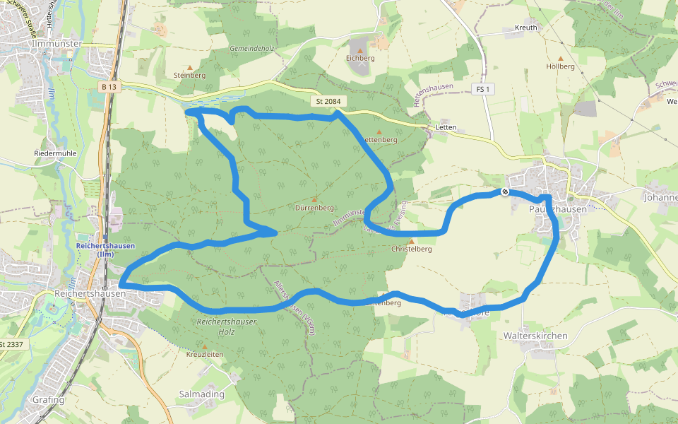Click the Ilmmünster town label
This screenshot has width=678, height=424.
(x=57, y=44)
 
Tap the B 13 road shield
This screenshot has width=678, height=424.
(x=108, y=86)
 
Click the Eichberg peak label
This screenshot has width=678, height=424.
(x=360, y=59)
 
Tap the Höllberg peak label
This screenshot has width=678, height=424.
(x=561, y=66)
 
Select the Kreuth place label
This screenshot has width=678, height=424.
(x=526, y=28)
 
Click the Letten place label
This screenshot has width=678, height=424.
(x=446, y=128)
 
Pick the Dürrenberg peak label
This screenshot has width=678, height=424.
(x=314, y=208)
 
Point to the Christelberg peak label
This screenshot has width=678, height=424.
(x=411, y=249)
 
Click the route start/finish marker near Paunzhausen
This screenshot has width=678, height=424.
(x=505, y=192)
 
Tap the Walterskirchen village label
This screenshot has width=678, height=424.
(x=535, y=336)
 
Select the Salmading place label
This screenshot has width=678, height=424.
(x=202, y=394)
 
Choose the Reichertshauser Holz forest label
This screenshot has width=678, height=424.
(x=227, y=326)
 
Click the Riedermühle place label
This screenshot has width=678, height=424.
(x=55, y=153)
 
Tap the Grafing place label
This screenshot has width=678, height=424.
(x=48, y=400)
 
